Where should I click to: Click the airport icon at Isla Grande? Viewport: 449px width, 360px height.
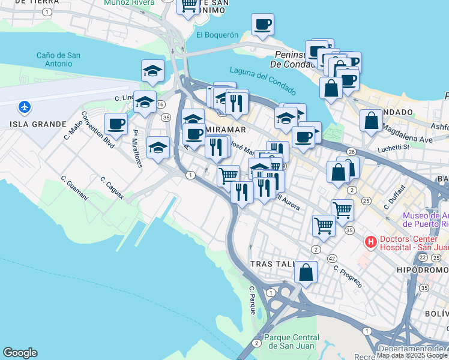pyautogui.click(x=25, y=107)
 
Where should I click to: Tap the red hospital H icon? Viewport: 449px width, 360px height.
pyautogui.click(x=370, y=242)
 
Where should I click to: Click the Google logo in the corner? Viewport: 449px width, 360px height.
pyautogui.click(x=20, y=353)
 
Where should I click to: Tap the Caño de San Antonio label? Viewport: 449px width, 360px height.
pyautogui.click(x=59, y=60)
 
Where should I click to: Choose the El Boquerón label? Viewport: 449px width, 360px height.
pyautogui.click(x=217, y=35)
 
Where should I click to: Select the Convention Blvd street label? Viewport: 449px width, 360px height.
pyautogui.click(x=98, y=127)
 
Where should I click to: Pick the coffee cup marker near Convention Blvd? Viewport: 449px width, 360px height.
pyautogui.click(x=116, y=124)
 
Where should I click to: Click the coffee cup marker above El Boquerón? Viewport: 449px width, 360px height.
pyautogui.click(x=262, y=24)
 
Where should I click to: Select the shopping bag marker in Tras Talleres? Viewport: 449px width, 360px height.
pyautogui.click(x=306, y=271)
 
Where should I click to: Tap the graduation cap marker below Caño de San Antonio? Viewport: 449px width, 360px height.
pyautogui.click(x=153, y=70)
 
